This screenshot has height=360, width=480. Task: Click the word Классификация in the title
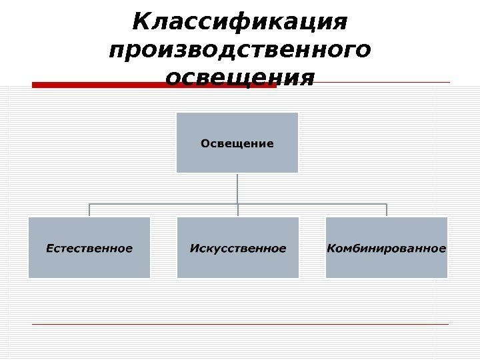point(240,22)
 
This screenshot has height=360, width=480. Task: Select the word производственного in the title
point(240,50)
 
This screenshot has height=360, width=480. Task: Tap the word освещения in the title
point(240,77)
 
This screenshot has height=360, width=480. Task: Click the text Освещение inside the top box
point(237,143)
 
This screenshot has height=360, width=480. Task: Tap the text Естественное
point(89,249)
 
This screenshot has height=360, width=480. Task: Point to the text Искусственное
point(238,249)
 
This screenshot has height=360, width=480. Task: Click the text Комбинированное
point(387,249)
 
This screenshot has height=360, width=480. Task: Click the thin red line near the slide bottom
point(240,324)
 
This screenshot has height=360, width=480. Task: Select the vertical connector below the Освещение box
point(238,188)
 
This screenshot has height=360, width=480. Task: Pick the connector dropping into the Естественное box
point(89,210)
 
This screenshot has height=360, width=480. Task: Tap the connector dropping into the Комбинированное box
point(387,210)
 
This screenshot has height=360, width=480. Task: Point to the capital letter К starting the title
point(141,22)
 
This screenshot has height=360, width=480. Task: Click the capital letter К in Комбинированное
point(331,249)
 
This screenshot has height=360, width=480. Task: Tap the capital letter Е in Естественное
point(49,249)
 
